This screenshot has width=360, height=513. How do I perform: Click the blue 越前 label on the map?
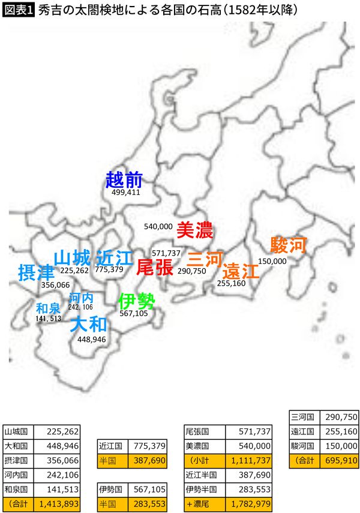click(x=124, y=179)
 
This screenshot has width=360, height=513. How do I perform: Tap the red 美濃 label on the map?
click(x=194, y=230)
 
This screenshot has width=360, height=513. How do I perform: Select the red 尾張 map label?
click(x=155, y=267)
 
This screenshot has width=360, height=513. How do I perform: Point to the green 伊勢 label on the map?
click(x=136, y=300)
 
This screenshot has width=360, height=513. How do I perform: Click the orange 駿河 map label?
click(x=288, y=245)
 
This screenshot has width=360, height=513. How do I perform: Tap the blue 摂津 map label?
click(x=36, y=272)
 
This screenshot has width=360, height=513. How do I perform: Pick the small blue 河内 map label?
click(x=81, y=298)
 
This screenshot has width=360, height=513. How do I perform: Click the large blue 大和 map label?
click(x=88, y=325)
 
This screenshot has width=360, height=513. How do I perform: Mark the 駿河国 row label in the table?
click(x=303, y=446)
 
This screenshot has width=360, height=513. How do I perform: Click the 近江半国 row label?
click(x=205, y=475)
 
